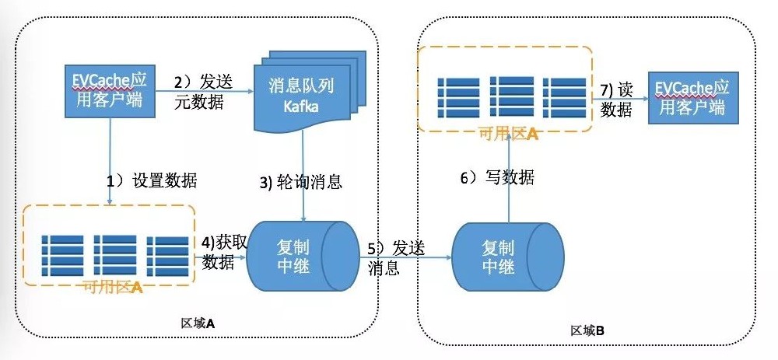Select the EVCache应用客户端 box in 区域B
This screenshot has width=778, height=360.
click(692, 98)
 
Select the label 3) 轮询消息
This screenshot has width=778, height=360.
click(301, 183)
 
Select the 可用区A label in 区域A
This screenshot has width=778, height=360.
click(111, 287)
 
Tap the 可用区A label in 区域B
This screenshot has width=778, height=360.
click(506, 134)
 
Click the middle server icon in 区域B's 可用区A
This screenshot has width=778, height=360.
click(510, 96)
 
